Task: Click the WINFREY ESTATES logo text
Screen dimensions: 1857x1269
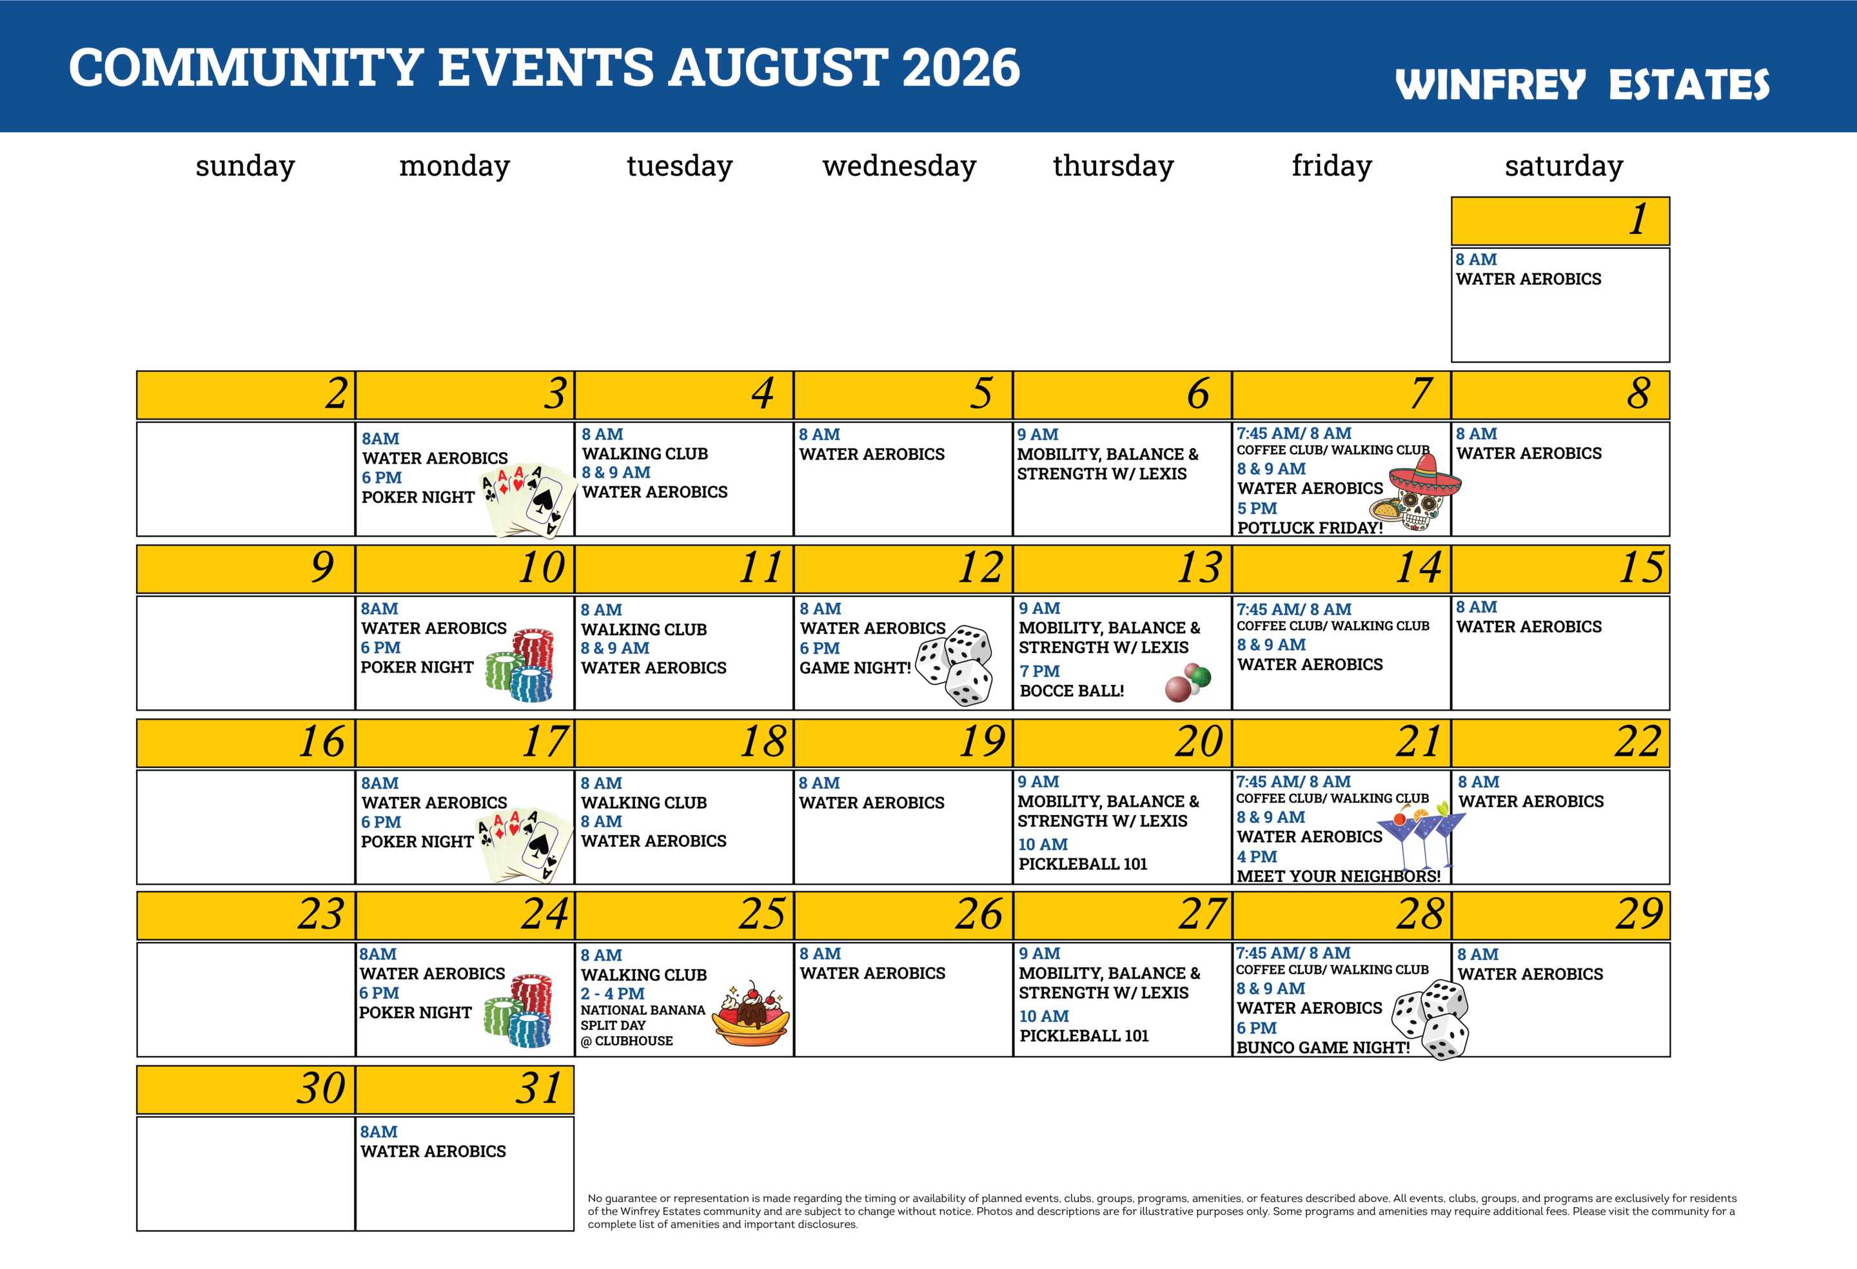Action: click(1582, 84)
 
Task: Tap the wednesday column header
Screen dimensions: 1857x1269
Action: click(899, 166)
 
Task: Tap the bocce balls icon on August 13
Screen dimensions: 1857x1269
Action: click(1188, 682)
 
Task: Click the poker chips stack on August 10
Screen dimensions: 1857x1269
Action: click(520, 665)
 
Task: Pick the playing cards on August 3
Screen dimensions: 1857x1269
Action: click(528, 500)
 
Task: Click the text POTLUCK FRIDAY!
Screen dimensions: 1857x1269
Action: click(1310, 527)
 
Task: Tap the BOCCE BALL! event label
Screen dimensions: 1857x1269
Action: click(1072, 691)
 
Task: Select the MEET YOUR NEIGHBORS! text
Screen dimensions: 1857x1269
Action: click(1339, 876)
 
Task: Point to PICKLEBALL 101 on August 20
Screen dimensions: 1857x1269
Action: click(1083, 864)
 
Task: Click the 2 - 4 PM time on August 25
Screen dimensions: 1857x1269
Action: click(612, 993)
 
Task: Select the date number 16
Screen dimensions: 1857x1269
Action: click(321, 742)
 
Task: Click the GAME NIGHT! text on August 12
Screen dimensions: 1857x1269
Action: click(855, 668)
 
